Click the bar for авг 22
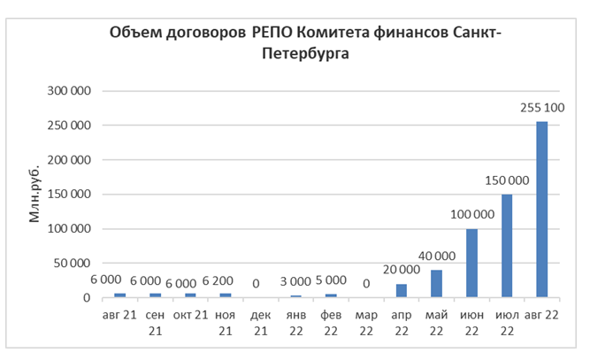(x=542, y=210)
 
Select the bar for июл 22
(x=508, y=246)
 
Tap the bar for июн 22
(x=472, y=264)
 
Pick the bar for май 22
(x=437, y=284)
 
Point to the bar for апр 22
(x=402, y=291)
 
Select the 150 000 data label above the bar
(x=507, y=180)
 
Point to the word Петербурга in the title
(x=304, y=55)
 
